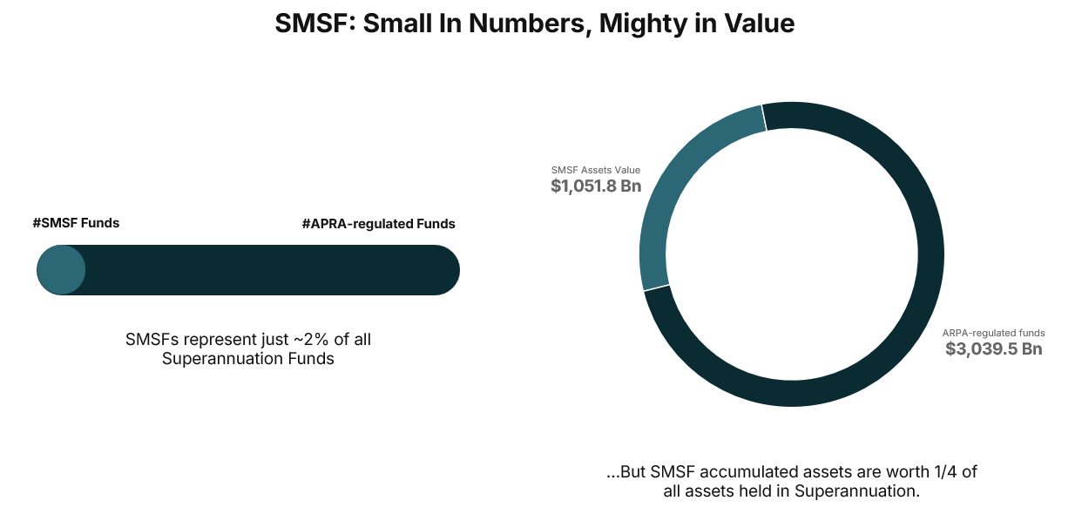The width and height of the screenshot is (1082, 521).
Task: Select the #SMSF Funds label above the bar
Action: (x=76, y=223)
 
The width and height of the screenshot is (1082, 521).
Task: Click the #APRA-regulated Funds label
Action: (x=378, y=224)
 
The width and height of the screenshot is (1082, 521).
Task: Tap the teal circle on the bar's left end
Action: (x=61, y=270)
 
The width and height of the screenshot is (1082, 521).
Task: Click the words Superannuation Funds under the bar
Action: (x=248, y=359)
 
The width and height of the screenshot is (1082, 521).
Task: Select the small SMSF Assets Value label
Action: (x=595, y=170)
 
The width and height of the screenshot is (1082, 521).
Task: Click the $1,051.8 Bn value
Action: (x=596, y=186)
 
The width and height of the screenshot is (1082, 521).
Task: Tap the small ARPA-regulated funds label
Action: (x=993, y=333)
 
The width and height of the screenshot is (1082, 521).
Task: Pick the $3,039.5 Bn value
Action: (x=993, y=349)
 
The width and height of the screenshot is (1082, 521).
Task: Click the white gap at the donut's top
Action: (x=764, y=118)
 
